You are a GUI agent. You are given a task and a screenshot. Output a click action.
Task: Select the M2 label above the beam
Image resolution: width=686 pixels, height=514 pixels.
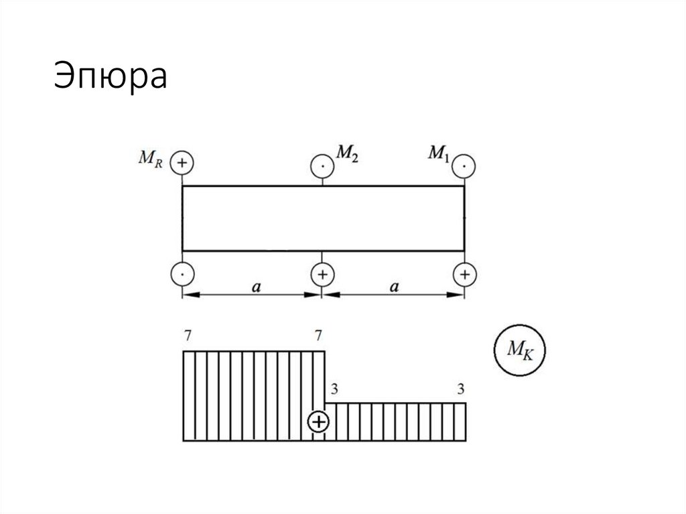[x=346, y=153]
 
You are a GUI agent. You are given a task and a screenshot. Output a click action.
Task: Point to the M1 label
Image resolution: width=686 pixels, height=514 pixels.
[x=438, y=154]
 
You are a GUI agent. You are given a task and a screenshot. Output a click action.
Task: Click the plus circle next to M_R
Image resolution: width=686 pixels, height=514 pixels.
[x=182, y=163]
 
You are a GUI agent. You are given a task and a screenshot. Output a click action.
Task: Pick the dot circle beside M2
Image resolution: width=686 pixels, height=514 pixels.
[x=323, y=165]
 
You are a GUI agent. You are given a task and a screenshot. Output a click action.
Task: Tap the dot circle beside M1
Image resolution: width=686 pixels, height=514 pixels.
[x=464, y=164]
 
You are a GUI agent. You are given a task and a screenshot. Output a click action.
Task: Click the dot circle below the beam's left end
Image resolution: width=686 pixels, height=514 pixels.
[x=182, y=274]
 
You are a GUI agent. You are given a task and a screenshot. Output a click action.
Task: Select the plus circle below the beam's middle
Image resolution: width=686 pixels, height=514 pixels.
[x=323, y=274]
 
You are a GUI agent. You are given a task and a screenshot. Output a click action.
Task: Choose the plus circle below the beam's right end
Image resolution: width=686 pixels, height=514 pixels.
[x=464, y=274]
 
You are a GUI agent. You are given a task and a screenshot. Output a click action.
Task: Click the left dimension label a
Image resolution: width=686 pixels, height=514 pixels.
[x=256, y=287]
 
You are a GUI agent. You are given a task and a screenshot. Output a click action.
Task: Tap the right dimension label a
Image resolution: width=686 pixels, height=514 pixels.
[x=395, y=287]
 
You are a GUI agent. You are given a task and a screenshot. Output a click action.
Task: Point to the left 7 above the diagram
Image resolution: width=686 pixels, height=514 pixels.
[x=187, y=334]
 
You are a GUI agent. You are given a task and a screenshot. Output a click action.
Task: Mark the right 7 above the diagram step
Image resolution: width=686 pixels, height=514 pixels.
[x=318, y=334]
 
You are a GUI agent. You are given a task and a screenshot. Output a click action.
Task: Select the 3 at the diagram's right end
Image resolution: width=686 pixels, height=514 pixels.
[x=460, y=389]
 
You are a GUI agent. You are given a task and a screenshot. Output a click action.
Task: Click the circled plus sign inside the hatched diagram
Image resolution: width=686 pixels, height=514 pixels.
[x=318, y=422]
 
